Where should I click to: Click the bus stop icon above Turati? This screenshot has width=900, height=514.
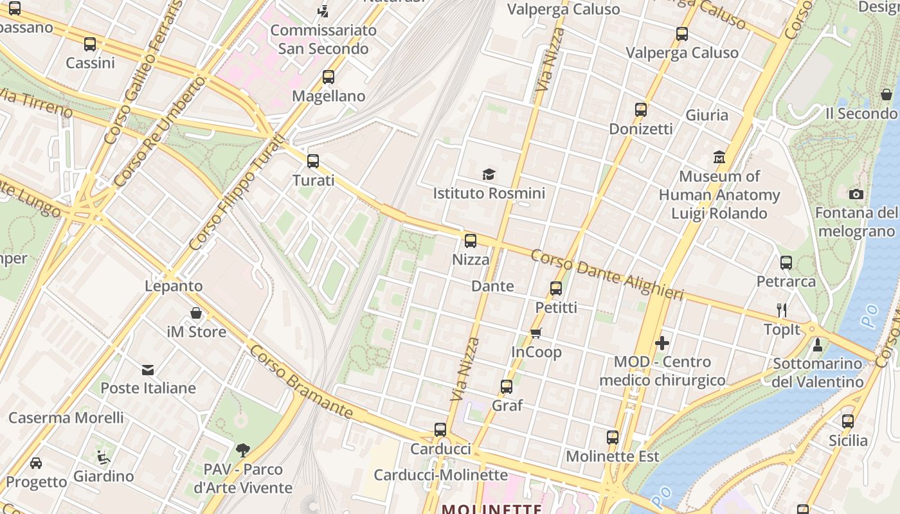click(313, 161)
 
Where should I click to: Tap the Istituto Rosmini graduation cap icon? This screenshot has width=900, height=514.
click(489, 174)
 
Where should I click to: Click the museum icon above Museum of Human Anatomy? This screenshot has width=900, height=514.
click(719, 157)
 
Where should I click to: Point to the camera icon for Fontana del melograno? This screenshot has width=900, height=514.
click(856, 194)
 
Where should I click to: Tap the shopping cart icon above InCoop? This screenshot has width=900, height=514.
click(535, 333)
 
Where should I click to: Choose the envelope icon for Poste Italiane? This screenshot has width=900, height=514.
click(148, 369)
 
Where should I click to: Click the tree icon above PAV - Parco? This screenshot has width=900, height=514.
click(242, 450)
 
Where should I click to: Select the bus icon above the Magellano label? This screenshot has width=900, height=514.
click(328, 77)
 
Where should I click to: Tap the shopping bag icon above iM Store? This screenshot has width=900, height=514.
click(196, 313)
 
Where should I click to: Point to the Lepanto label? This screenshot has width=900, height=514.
click(174, 286)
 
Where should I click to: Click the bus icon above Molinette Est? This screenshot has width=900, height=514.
click(613, 438)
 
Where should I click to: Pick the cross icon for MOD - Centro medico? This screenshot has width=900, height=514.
click(662, 343)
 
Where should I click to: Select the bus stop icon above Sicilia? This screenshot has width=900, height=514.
click(848, 421)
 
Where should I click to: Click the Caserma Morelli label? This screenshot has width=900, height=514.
click(66, 418)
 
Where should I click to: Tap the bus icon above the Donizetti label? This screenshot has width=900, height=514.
click(640, 110)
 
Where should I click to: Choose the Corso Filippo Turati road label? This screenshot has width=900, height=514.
click(237, 193)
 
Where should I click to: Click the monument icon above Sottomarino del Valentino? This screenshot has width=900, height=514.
click(818, 345)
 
